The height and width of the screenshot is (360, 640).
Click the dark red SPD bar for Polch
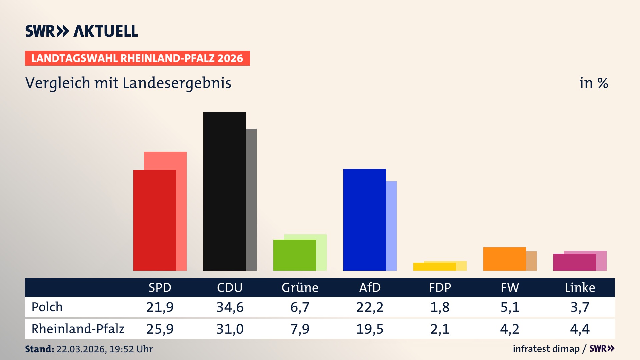[154, 220]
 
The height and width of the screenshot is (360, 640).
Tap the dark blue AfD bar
[364, 220]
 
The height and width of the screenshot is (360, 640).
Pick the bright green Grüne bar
[294, 255]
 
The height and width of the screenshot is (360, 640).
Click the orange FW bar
[504, 259]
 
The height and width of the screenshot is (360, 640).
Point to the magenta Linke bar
[574, 262]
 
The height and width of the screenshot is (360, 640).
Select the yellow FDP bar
[434, 267]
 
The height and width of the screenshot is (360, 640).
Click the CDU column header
[230, 288]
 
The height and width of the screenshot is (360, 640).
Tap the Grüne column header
[300, 288]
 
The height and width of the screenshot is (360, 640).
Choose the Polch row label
[47, 307]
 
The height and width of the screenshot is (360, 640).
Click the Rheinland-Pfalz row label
[78, 329]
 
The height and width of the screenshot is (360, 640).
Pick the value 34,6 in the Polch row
[230, 307]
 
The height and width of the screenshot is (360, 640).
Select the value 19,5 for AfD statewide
[370, 329]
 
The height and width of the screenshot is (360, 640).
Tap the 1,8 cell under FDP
[440, 307]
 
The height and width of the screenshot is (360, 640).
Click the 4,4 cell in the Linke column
[580, 329]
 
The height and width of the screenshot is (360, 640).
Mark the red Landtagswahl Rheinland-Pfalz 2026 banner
[137, 58]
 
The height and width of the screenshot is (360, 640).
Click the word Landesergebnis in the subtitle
[177, 83]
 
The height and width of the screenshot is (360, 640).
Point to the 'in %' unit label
[593, 83]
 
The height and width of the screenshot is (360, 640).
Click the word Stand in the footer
[39, 349]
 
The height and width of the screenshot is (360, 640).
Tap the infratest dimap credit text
[546, 349]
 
